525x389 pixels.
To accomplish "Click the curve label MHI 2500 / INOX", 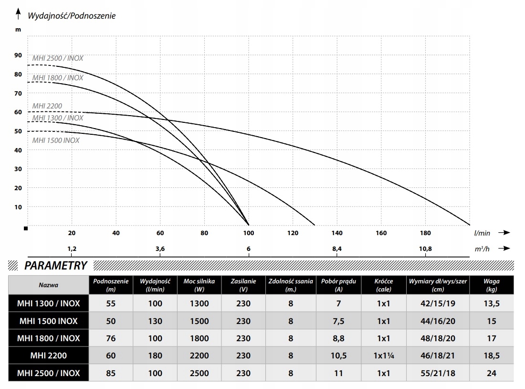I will point(58,58).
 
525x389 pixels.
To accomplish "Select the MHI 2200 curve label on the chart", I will point(47,106).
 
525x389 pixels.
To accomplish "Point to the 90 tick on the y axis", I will point(18,55).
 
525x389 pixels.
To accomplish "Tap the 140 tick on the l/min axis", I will point(337,233).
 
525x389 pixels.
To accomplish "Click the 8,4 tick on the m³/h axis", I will point(337,249).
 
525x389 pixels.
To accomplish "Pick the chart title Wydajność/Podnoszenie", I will point(72,16).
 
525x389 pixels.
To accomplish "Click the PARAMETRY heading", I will point(56,266).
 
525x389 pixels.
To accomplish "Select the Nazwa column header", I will point(48,285).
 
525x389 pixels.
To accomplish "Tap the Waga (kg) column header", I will point(492,285).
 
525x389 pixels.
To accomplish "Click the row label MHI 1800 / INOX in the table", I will point(48,338).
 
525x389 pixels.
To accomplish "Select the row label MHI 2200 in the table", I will point(48,356).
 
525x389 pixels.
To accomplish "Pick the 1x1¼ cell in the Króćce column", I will point(384,356).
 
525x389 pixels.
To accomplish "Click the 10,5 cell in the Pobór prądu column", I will point(339,356).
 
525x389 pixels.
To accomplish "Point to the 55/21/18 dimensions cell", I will point(438,373).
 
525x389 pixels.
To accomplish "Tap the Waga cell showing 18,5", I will point(492,356).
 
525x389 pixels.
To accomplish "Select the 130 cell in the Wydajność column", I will point(155,321).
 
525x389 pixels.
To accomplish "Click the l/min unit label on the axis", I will point(483,233).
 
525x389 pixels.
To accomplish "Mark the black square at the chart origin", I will point(26,228).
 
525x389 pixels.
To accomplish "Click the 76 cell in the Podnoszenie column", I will point(111,338).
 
